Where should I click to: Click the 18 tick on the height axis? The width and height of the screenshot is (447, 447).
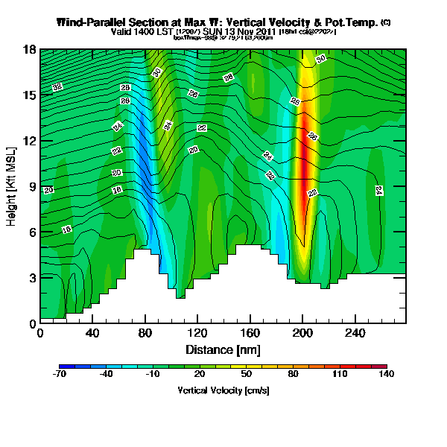coord(31,49)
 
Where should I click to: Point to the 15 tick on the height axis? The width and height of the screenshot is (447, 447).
coord(31,95)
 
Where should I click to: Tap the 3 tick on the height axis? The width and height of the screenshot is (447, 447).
coord(33,277)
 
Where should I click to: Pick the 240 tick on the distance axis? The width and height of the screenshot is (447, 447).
coord(355,333)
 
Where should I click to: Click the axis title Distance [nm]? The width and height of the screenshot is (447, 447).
coord(223,349)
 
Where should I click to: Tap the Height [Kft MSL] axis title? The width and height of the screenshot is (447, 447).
coord(13,186)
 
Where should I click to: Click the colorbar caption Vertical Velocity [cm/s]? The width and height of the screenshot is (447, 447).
coord(223,390)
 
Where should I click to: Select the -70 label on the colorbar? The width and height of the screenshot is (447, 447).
coord(60,375)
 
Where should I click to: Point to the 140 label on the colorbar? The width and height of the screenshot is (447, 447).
coord(386,375)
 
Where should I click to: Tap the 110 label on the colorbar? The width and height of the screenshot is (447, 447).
coord(340,375)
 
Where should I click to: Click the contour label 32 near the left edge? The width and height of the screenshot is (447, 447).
coord(57,87)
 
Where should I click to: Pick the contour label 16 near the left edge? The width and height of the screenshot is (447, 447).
coord(66,229)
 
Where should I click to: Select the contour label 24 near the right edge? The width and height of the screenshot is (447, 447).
coord(378,191)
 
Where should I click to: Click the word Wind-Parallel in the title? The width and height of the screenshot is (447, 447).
coord(95,22)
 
